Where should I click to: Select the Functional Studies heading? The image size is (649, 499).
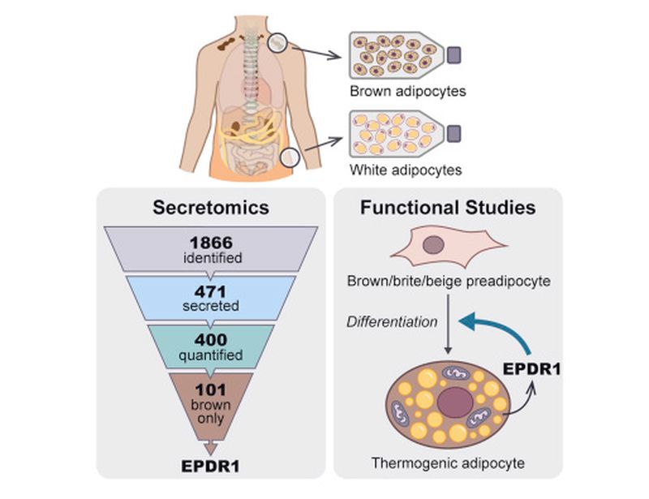click(x=448, y=209)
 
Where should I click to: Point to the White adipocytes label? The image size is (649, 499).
click(x=406, y=170)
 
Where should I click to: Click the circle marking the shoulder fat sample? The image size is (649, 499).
click(x=279, y=41)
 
